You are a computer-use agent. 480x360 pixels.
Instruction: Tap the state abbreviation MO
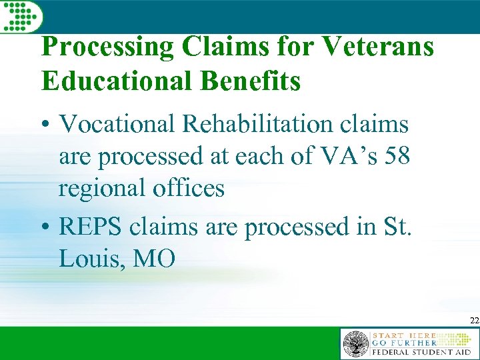click(152, 259)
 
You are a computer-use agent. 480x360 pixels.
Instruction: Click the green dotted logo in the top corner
click(19, 15)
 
